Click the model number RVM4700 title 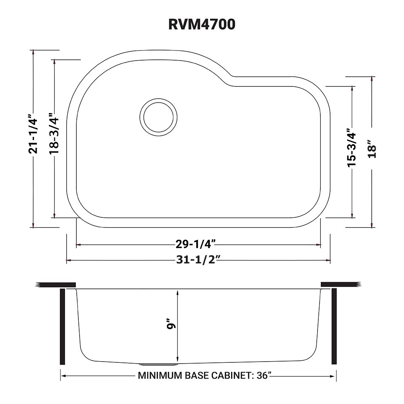(202, 25)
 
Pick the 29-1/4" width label (195, 244)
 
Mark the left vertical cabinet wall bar (63, 326)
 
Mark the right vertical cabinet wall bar (334, 326)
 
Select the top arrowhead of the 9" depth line (177, 292)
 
